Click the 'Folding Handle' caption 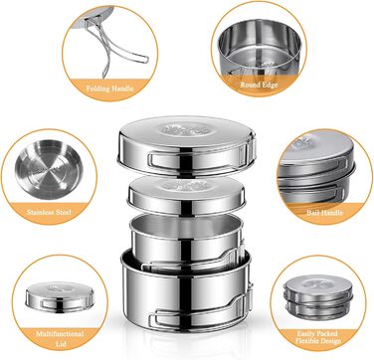point(109,89)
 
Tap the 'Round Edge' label point(259,85)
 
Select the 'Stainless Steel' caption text point(49,212)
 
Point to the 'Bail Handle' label point(324,213)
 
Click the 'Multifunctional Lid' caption point(60,338)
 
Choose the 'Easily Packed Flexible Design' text point(317,337)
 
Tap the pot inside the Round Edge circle point(260,48)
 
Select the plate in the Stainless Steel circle point(49,170)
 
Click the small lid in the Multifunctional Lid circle point(60,296)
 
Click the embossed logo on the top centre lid point(186,129)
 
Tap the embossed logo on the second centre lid point(186,185)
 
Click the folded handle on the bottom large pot point(200,311)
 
